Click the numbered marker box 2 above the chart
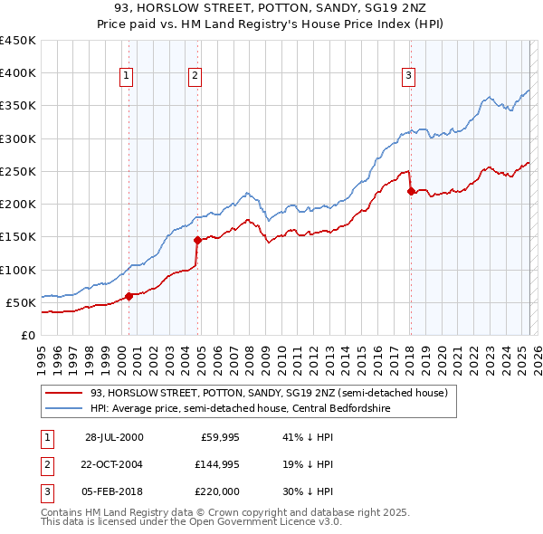[x=195, y=76]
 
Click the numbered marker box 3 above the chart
[x=408, y=76]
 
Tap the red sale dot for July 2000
[x=129, y=295]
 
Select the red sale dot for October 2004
[x=197, y=240]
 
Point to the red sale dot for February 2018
[x=411, y=191]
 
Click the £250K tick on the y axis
[x=17, y=171]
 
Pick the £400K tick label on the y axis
[x=17, y=73]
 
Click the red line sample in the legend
[x=63, y=394]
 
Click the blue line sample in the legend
[x=63, y=408]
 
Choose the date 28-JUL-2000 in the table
[x=114, y=436]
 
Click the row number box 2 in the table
[x=46, y=463]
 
